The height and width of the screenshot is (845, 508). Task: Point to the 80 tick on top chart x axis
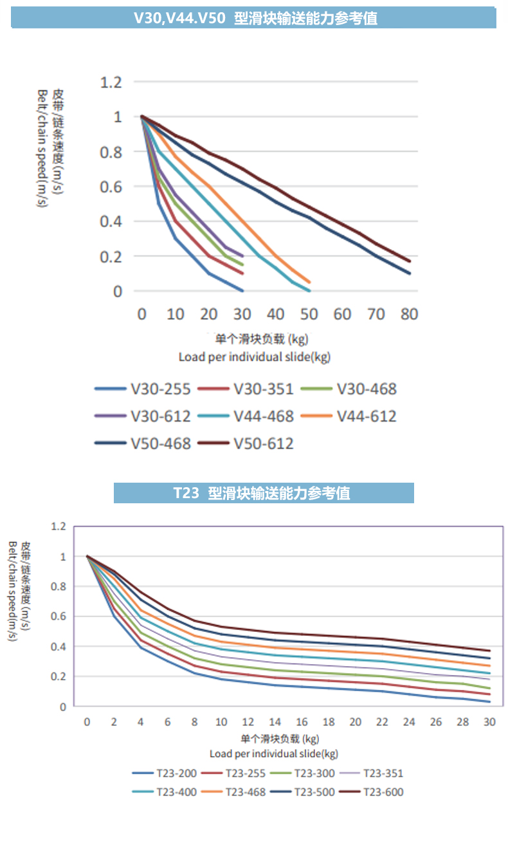(x=409, y=314)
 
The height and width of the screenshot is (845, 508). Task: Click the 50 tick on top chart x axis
(x=309, y=314)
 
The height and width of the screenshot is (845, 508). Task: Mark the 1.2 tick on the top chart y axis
(x=111, y=82)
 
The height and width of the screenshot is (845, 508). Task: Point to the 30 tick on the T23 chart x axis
(x=489, y=722)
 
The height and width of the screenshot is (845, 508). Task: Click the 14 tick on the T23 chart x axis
(x=275, y=722)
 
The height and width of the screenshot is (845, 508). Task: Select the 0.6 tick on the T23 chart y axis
(x=58, y=617)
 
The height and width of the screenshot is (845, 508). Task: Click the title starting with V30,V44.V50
(x=254, y=18)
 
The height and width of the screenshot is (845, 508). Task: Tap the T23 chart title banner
(x=264, y=493)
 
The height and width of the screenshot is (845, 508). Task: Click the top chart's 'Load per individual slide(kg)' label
(x=254, y=356)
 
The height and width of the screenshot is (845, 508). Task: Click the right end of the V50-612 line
(x=410, y=261)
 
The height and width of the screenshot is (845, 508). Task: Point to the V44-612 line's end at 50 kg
(x=309, y=282)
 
